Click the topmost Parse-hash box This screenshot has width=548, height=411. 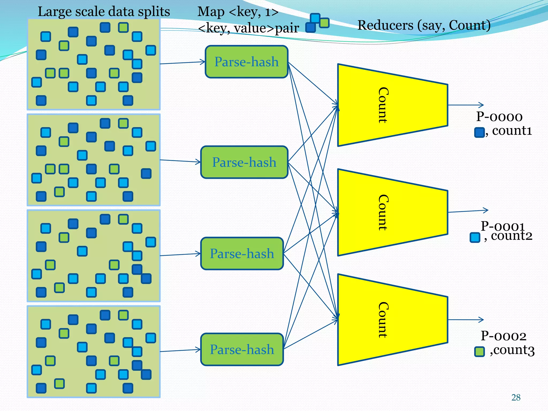[246, 62]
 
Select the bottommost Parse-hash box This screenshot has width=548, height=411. [242, 349]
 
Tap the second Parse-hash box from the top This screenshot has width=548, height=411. [244, 162]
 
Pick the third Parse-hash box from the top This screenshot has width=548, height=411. [242, 253]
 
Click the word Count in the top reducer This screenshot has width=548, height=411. [383, 105]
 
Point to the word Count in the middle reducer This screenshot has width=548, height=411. [383, 212]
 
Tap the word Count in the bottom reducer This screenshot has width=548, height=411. [383, 320]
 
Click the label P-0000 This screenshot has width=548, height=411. [499, 117]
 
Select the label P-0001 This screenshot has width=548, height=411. [503, 226]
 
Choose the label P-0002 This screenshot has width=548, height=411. [503, 336]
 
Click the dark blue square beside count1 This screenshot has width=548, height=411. [479, 132]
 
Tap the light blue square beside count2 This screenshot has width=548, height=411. [475, 237]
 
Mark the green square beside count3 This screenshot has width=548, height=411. [479, 352]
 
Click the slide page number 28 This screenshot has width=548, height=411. [516, 398]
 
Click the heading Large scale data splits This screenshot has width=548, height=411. [104, 12]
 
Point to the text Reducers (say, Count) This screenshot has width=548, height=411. [424, 25]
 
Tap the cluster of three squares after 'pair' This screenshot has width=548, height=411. [317, 23]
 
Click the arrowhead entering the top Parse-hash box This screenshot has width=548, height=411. [202, 62]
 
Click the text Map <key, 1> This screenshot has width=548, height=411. [238, 12]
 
